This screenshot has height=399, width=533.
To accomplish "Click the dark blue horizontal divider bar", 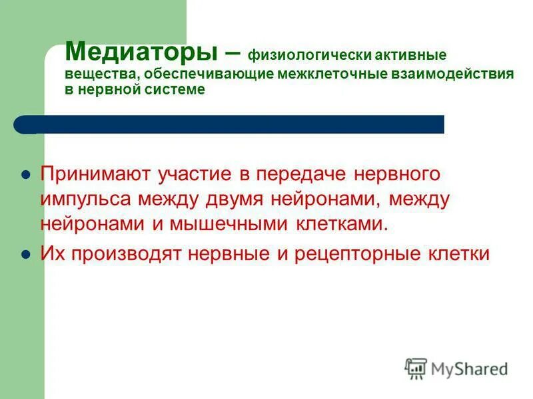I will click(x=230, y=124).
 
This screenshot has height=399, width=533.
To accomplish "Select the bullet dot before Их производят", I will click(x=26, y=255).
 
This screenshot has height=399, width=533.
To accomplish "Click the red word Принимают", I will click(x=96, y=175).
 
